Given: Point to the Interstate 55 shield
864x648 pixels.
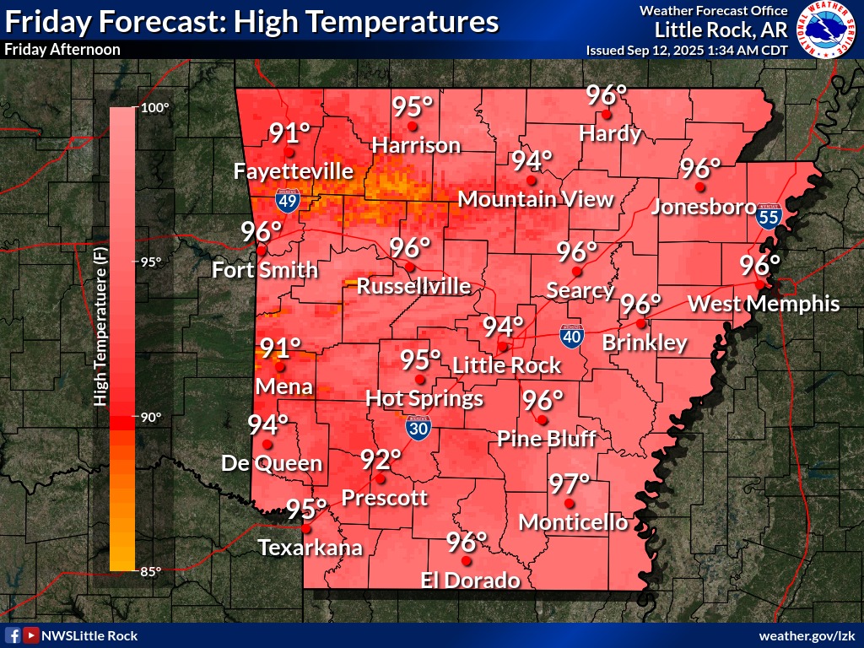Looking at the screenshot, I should coord(769,215).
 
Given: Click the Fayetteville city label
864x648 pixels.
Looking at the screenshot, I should coord(293,171).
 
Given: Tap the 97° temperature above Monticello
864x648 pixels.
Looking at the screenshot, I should coord(569,484).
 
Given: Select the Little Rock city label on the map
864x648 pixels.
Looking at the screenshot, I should coord(506,365).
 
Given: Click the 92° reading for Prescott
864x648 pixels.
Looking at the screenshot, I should coord(381,460).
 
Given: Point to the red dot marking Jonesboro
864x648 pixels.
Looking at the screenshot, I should coord(699,185).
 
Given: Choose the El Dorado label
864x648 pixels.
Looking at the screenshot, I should coord(471,580).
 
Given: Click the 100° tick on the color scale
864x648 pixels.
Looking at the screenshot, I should coord(154,108).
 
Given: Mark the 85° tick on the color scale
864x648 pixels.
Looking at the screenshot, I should coord(150,571).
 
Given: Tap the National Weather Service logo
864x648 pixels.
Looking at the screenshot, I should coord(826,30).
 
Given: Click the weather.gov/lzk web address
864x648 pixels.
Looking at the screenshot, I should coord(807,635).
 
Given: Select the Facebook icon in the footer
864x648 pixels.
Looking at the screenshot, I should coord(13,635).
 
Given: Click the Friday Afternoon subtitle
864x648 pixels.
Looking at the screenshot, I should coord(62,49).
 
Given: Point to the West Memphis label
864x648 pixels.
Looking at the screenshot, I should coord(764,304).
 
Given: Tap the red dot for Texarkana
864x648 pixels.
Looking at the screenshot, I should coord(306,529).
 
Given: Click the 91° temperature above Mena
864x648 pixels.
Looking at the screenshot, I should coord(280,348).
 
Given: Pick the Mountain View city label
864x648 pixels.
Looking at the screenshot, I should coord(535,199).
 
